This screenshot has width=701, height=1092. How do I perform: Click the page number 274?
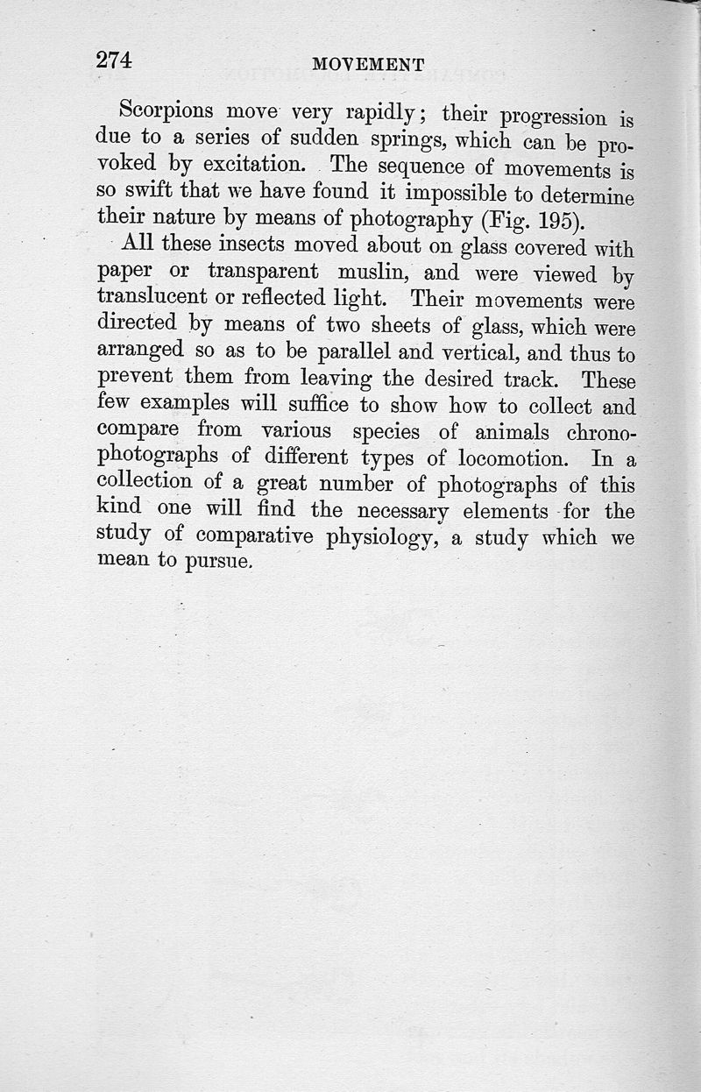(114, 60)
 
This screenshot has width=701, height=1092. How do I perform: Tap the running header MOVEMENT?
(368, 65)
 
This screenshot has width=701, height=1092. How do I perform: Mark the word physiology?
(382, 537)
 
